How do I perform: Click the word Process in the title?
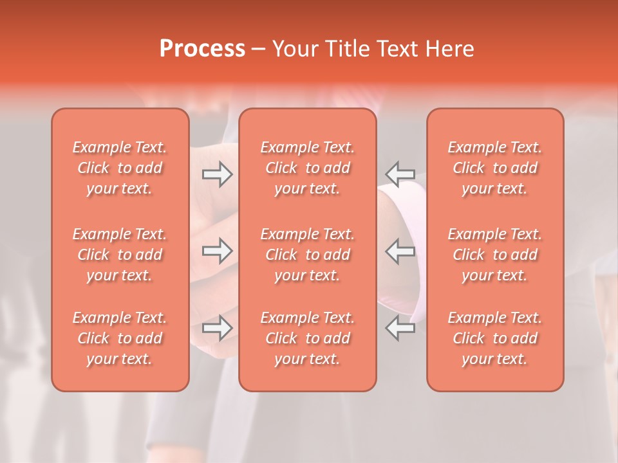202,49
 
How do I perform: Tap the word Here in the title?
450,49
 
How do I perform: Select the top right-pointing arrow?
218,174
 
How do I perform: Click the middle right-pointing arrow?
218,251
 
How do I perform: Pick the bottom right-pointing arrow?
218,328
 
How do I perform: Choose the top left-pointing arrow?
400,174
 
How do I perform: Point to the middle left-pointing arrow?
400,251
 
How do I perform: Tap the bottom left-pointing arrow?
400,328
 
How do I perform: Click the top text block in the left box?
120,168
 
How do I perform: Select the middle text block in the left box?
120,255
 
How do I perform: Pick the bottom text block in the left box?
120,338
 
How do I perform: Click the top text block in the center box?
308,168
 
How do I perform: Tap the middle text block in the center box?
308,255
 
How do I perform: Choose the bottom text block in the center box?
308,338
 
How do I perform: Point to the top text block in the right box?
495,168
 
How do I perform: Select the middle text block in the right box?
495,255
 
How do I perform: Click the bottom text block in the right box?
495,338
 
